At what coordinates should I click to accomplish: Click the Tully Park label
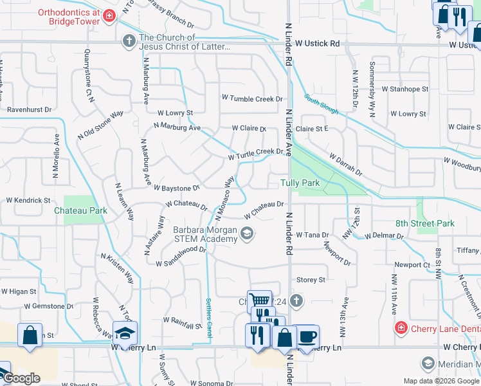(300, 183)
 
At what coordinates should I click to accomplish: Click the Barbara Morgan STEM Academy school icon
(246, 235)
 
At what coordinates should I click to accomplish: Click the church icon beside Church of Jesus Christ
(129, 41)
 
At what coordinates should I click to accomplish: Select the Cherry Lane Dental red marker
(400, 328)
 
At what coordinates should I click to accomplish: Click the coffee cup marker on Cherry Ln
(307, 336)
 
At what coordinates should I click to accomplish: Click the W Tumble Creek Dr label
(252, 99)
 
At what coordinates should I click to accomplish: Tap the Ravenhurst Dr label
(29, 110)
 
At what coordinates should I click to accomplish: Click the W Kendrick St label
(25, 201)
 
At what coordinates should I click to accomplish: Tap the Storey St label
(311, 280)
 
